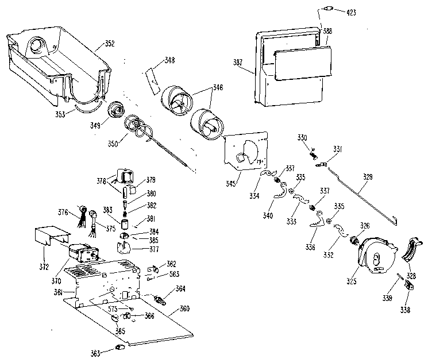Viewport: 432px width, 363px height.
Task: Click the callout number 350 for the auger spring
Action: [114, 143]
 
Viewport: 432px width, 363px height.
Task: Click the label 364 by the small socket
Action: [180, 288]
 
